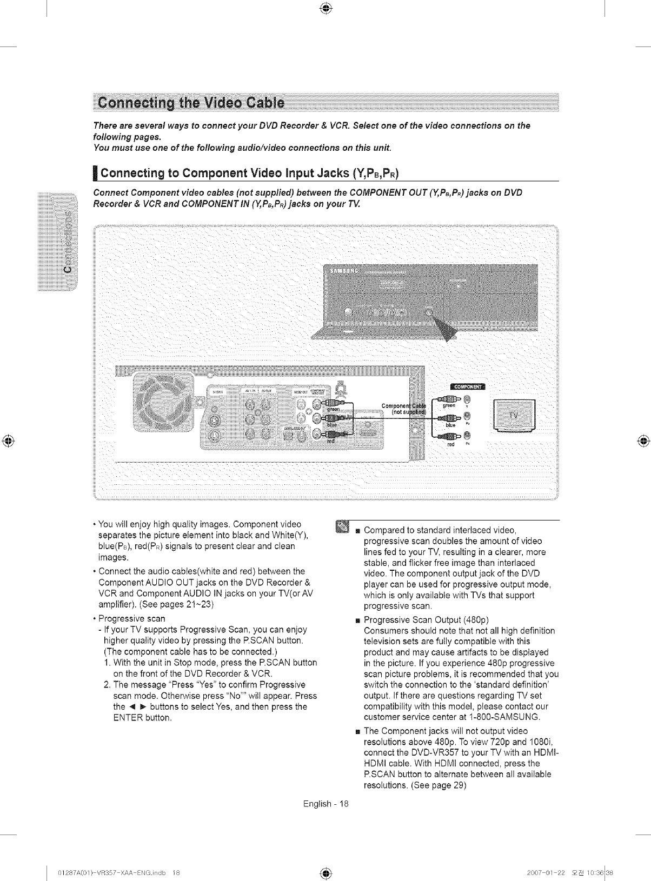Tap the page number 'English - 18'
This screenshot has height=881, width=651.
click(327, 804)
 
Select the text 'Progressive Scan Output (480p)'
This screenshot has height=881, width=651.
click(427, 619)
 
